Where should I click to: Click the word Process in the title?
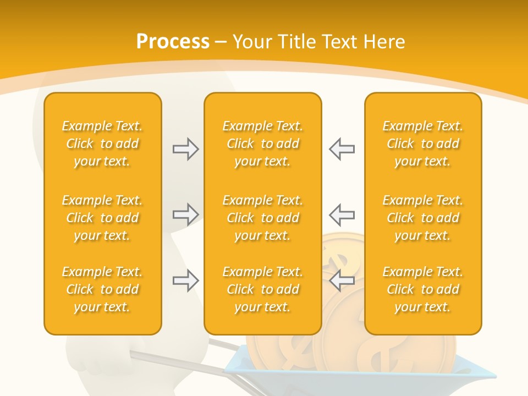(x=173, y=42)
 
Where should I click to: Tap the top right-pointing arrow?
(x=185, y=149)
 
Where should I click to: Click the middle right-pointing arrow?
(x=185, y=215)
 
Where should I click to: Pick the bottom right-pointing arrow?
(x=185, y=280)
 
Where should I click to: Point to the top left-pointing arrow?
(x=342, y=149)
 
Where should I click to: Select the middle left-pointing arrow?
(x=342, y=215)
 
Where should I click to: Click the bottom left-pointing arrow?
(x=342, y=280)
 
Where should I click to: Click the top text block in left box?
(x=102, y=144)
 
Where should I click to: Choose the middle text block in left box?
(x=102, y=218)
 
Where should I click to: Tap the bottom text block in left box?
(x=102, y=289)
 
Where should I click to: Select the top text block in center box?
(x=262, y=144)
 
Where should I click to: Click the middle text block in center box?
(x=262, y=218)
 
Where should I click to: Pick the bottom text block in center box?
(x=262, y=289)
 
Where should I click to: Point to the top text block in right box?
(x=422, y=144)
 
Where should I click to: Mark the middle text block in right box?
(x=422, y=218)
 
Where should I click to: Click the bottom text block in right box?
(x=422, y=289)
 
